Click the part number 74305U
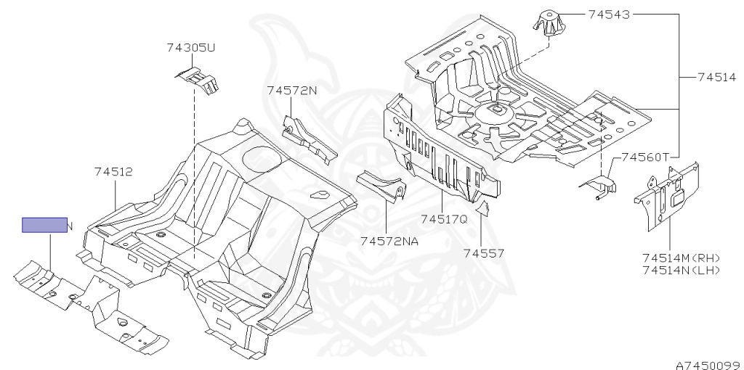coord(191,48)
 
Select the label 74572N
coord(292,91)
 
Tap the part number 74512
coord(113,172)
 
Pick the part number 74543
coord(609,14)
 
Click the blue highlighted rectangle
coord(44,225)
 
